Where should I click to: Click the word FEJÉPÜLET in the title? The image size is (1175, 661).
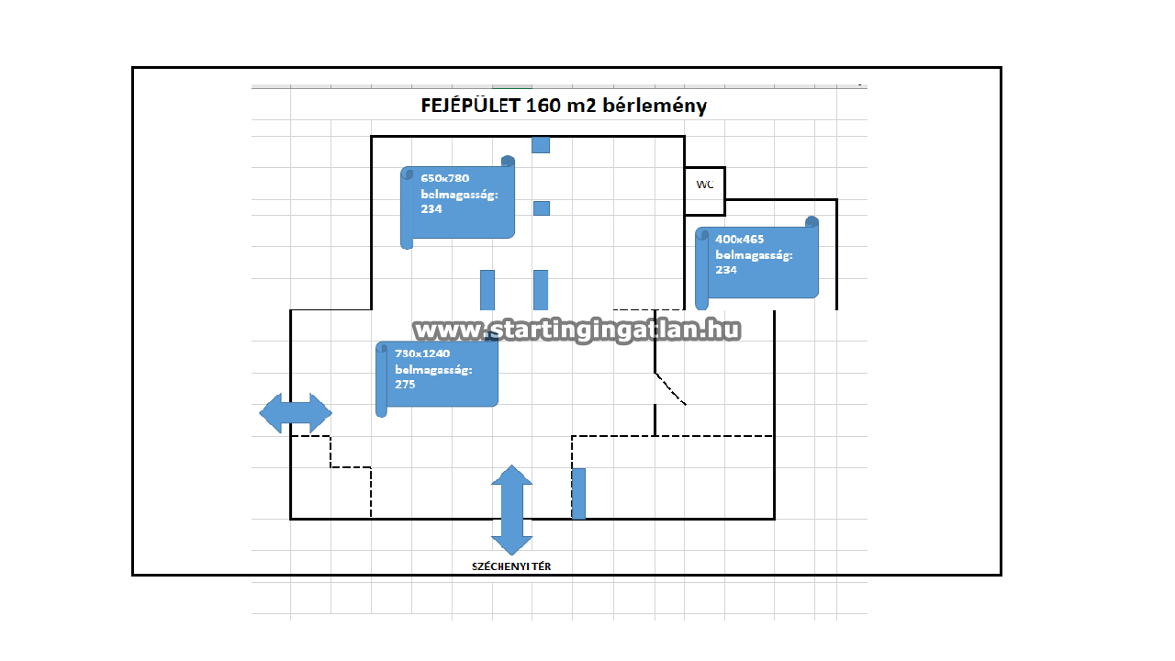470,106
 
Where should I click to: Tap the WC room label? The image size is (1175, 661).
704,185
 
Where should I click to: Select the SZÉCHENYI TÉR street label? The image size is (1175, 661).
511,566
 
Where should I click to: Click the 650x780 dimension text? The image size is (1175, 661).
445,178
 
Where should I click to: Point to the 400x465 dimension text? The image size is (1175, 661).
740,240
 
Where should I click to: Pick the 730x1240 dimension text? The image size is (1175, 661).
422,353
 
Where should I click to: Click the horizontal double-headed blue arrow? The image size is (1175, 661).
296,413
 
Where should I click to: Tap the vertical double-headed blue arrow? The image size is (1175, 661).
511,510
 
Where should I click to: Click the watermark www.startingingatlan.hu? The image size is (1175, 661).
577,330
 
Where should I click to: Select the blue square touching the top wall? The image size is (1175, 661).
541,145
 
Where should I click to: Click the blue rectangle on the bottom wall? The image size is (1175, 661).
578,494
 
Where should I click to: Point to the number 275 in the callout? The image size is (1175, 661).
405,385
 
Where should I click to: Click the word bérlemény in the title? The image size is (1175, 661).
655,106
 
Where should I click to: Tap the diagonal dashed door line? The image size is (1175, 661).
670,388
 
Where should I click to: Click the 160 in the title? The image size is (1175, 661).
543,106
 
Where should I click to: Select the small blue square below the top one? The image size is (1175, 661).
542,208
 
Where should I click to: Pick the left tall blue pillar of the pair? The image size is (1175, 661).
487,290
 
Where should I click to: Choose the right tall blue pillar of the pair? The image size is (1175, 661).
541,290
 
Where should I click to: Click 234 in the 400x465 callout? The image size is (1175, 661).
726,270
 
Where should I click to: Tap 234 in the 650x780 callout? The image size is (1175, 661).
431,209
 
